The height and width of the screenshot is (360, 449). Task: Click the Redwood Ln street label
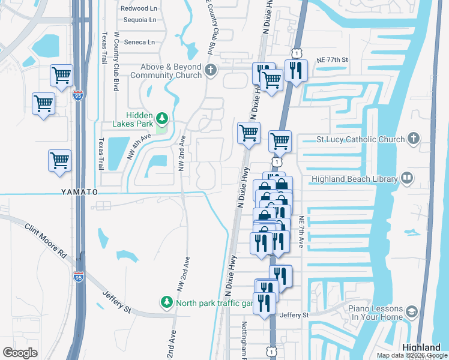[x=138, y=8]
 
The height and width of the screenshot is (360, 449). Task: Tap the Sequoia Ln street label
[x=139, y=20]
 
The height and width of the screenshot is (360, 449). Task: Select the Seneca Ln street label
[x=139, y=42]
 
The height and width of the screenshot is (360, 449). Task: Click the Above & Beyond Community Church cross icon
[x=210, y=70]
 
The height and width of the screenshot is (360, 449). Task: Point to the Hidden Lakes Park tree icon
[x=161, y=116]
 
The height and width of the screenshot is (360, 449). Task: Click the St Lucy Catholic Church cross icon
[x=412, y=139]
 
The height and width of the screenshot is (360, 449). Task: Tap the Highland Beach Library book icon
[x=407, y=178]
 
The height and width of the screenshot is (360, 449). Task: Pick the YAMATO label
[x=79, y=191]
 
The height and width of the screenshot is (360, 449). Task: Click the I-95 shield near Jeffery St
[x=79, y=276]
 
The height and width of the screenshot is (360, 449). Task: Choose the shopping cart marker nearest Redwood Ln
[x=62, y=74]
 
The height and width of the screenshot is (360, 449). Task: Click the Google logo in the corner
[x=20, y=352]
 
